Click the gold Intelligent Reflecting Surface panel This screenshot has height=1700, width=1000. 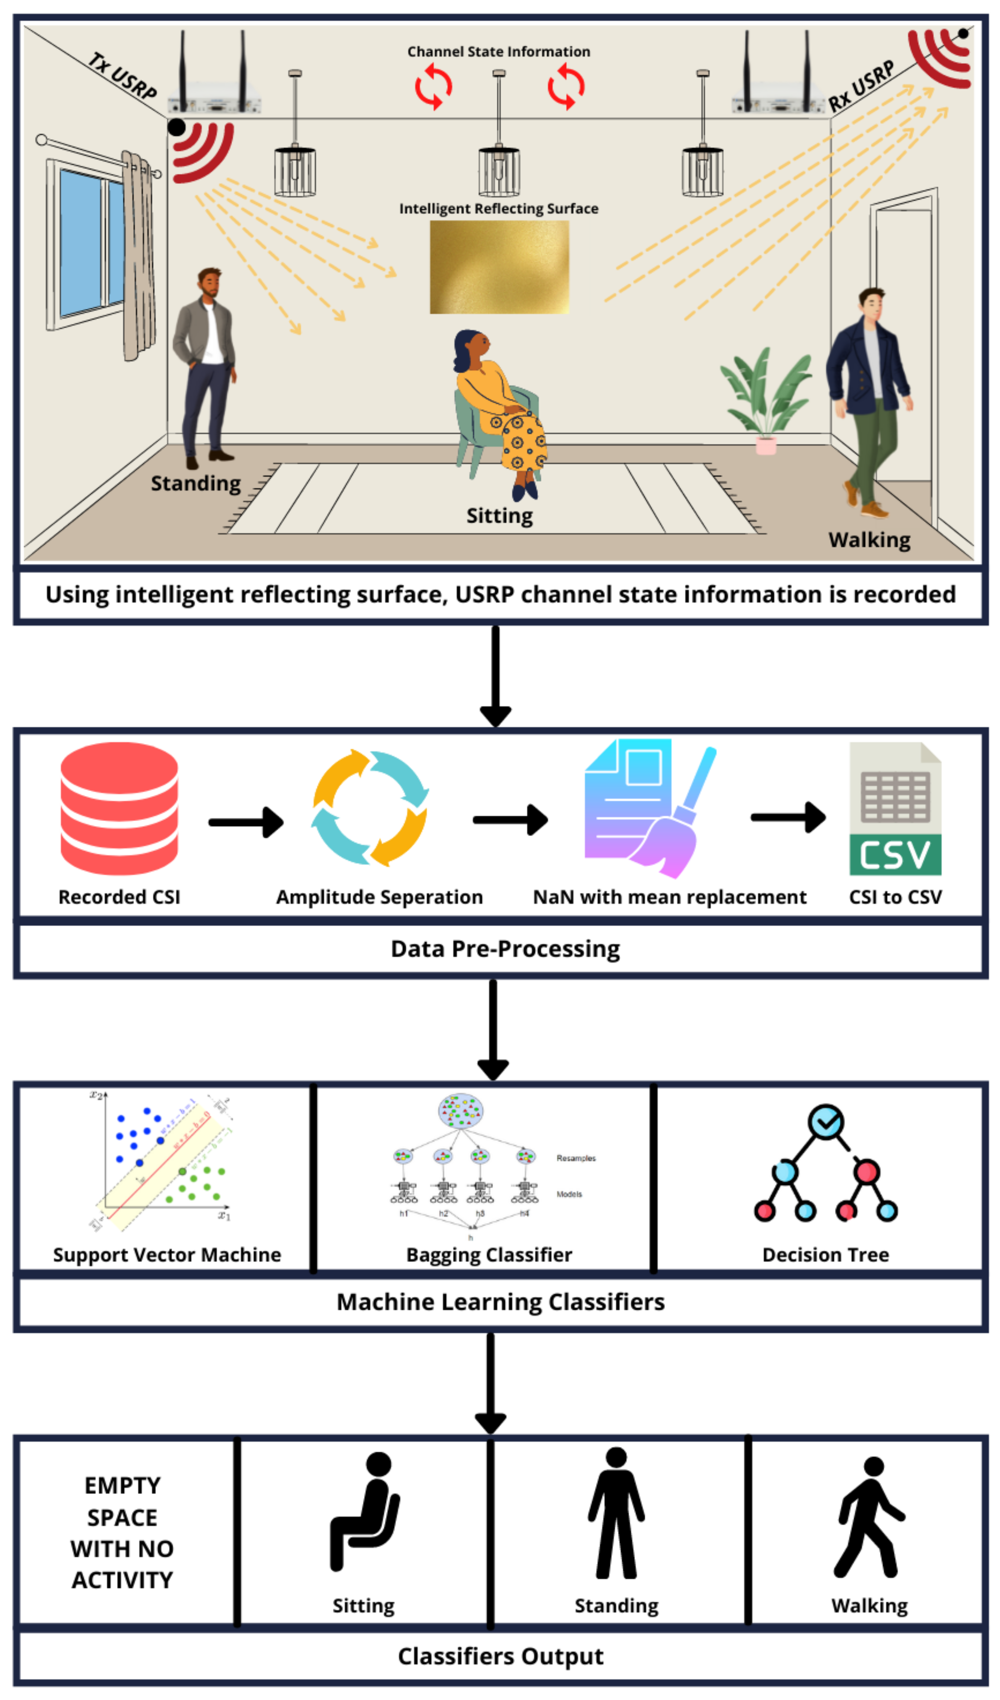pos(499,267)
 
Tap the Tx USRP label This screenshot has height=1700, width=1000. pos(123,76)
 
